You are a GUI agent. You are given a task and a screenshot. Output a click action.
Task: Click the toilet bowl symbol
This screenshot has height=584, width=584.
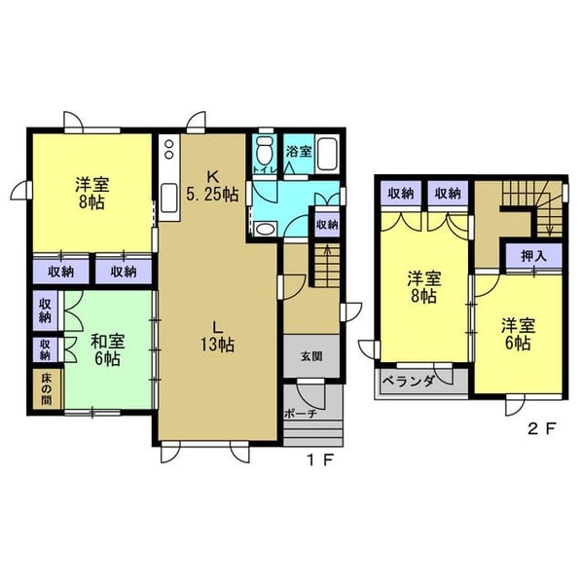265,150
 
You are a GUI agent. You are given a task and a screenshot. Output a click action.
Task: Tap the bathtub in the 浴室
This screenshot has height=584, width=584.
327,154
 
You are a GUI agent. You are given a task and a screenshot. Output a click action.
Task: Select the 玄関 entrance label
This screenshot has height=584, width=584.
311,356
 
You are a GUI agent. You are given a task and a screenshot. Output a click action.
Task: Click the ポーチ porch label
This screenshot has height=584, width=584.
301,413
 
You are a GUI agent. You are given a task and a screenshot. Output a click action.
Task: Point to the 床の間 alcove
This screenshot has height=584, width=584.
47,389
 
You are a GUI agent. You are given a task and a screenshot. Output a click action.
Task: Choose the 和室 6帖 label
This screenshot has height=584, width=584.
108,349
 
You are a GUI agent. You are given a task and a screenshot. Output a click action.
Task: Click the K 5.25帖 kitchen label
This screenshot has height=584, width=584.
212,185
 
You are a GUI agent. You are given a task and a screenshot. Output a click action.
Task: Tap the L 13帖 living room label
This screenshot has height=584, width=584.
217,337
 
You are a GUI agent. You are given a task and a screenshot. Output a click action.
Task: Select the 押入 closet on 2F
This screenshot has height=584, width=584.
533,256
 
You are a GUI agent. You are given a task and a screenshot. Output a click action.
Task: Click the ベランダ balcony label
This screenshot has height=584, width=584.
409,381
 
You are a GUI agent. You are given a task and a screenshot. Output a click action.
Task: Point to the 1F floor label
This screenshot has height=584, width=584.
320,460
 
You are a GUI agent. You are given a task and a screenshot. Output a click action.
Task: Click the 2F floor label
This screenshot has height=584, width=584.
542,428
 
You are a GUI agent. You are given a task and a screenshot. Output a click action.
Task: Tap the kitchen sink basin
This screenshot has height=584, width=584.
169,198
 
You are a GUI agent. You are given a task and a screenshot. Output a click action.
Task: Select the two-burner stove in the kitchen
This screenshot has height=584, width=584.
169,149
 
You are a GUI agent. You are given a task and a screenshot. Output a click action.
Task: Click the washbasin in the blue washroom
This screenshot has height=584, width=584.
265,229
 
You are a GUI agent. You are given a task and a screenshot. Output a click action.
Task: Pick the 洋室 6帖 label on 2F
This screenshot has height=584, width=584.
518,334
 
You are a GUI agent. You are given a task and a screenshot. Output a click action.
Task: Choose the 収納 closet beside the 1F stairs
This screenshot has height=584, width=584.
327,225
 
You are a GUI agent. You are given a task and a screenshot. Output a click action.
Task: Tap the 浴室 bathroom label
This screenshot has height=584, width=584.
299,152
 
